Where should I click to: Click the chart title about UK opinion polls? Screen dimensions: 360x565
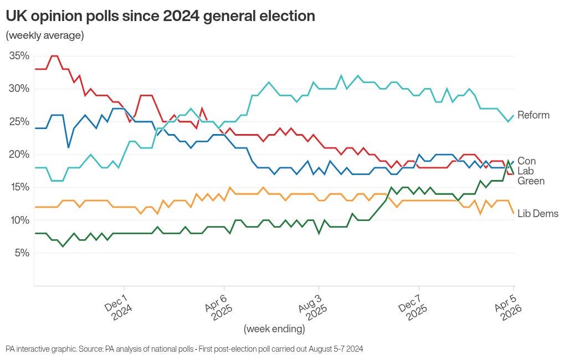click(x=160, y=16)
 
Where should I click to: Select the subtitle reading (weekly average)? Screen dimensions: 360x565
click(x=44, y=35)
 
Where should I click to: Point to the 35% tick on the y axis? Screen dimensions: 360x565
click(x=19, y=56)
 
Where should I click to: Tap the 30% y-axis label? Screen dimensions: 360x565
click(x=19, y=89)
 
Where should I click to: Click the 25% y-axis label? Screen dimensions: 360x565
click(x=19, y=121)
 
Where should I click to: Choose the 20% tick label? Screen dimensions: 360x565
click(x=19, y=154)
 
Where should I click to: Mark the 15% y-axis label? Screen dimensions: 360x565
click(x=19, y=187)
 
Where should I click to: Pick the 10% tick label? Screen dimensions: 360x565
click(x=19, y=220)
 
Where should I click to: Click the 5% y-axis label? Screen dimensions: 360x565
click(x=21, y=253)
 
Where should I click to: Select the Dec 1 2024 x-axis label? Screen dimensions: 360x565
click(x=119, y=306)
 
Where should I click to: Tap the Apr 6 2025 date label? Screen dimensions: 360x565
click(x=218, y=306)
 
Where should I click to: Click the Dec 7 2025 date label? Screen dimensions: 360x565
click(x=413, y=306)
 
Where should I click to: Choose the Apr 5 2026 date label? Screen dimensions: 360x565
click(x=508, y=306)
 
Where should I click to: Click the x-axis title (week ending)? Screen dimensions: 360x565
click(x=274, y=329)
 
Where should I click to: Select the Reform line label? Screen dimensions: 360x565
click(x=533, y=115)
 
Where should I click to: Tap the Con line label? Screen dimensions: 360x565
click(x=527, y=161)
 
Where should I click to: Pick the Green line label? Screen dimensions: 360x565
click(x=531, y=181)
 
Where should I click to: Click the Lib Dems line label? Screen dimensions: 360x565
click(x=538, y=214)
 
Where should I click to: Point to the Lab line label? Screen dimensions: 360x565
click(x=526, y=171)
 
